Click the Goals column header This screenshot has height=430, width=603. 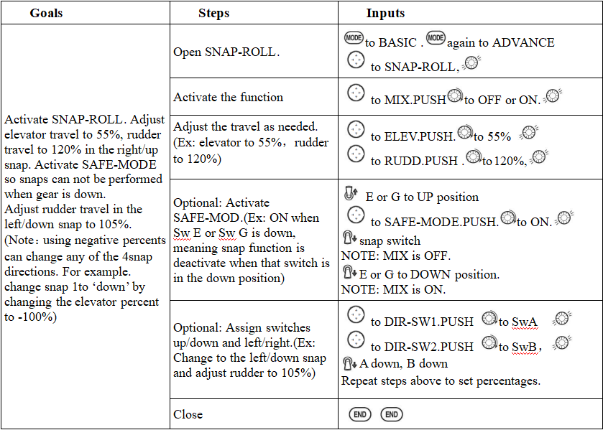coord(46,13)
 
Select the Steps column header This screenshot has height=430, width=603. coord(214,13)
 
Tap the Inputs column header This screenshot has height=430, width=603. coord(385,13)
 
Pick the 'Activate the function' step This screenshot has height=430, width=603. coord(229,97)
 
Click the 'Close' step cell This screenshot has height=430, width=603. coord(188,414)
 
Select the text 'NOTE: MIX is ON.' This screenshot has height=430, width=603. coord(393,290)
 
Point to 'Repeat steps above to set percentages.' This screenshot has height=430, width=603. coord(440,380)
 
